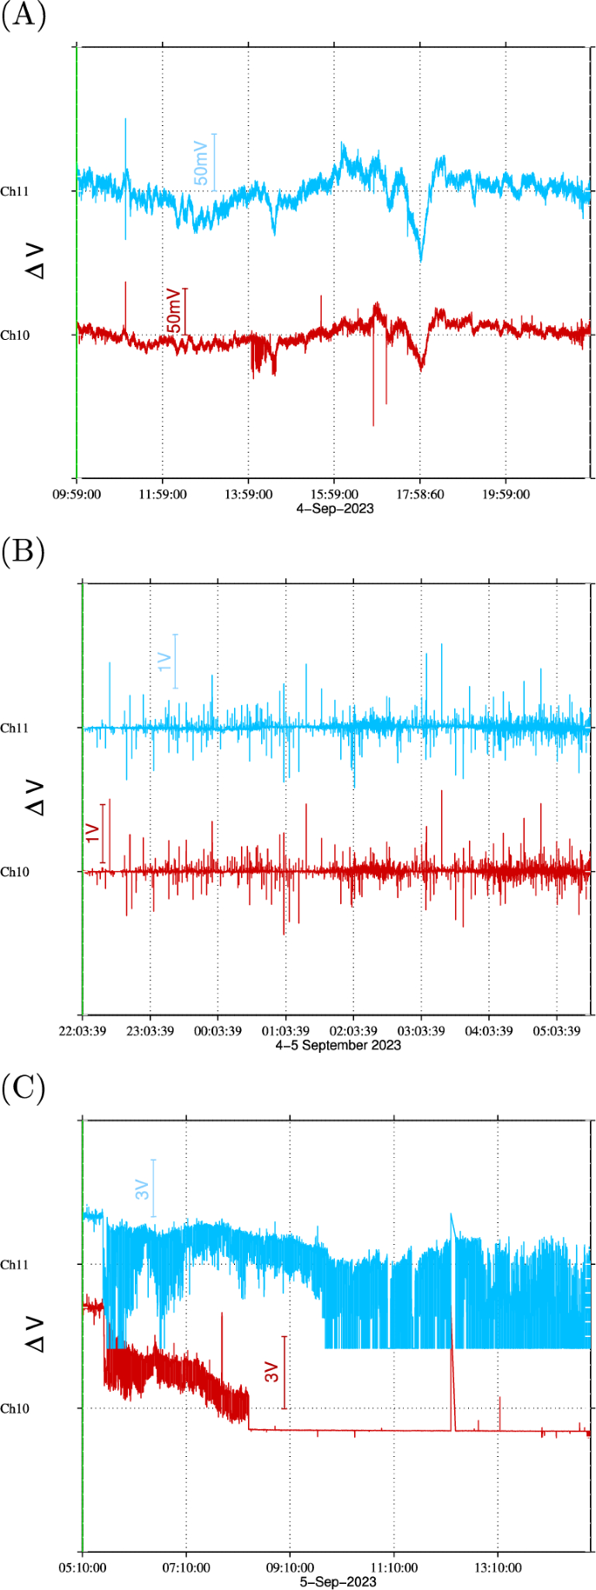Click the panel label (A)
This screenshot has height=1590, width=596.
tap(23, 16)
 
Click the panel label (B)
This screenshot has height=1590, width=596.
tap(23, 552)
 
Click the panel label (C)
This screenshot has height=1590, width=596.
tap(23, 1088)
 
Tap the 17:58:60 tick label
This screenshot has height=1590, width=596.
tap(420, 495)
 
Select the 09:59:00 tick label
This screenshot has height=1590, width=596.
tap(77, 495)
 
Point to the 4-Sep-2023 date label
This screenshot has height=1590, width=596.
tap(335, 508)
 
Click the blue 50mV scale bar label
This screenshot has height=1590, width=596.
tap(201, 162)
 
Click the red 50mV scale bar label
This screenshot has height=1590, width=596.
tap(175, 311)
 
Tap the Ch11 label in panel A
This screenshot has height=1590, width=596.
tap(15, 191)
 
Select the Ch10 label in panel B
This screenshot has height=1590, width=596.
tap(15, 872)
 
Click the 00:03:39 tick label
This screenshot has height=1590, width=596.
tap(218, 1031)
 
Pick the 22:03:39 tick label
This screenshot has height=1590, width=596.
tap(83, 1031)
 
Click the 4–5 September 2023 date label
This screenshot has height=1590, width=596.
tap(338, 1045)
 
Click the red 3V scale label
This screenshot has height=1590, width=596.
tap(272, 1373)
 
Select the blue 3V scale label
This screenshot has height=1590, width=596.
tap(143, 1190)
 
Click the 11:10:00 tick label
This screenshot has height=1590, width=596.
tap(393, 1568)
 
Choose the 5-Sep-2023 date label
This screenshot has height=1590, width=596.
tap(338, 1581)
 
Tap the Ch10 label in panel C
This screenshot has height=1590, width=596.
tap(15, 1408)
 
